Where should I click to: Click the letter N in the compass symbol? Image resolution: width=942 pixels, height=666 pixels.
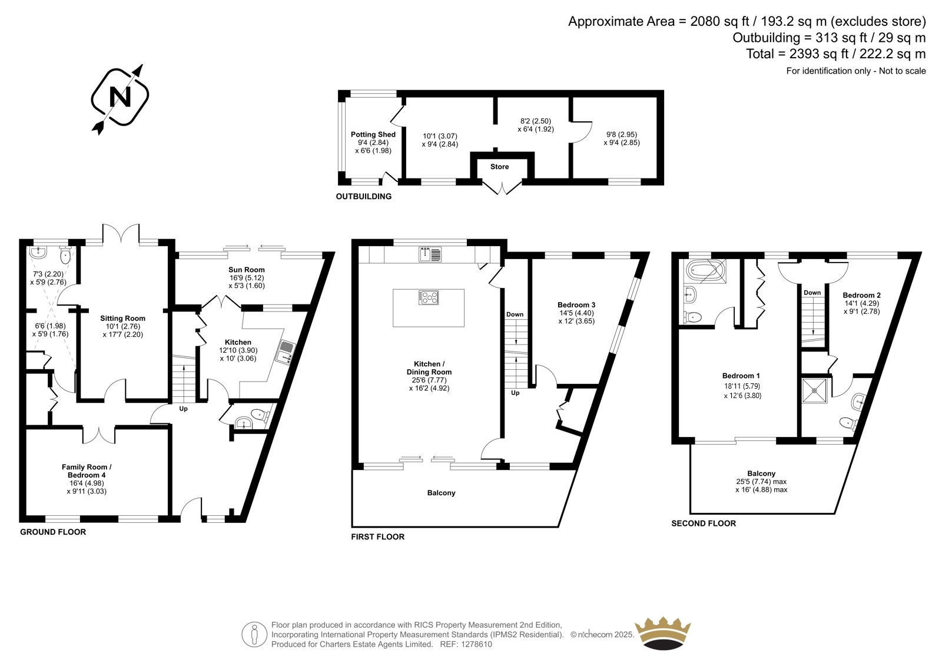click(120, 97)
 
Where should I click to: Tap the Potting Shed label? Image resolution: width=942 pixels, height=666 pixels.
click(373, 135)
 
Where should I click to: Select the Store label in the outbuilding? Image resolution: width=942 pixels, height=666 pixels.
click(500, 167)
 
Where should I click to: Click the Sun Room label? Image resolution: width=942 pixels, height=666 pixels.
click(247, 270)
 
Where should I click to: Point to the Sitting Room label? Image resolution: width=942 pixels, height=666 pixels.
click(122, 319)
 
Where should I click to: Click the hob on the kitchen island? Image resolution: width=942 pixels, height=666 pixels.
click(429, 297)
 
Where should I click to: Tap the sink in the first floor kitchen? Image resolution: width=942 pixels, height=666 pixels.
click(430, 254)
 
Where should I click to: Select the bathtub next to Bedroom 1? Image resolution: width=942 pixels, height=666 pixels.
click(705, 270)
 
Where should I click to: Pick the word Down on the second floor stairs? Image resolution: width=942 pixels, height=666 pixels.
click(812, 293)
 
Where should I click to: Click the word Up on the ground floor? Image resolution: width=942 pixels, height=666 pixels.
click(183, 409)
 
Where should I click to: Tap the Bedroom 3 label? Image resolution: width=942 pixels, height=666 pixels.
click(576, 304)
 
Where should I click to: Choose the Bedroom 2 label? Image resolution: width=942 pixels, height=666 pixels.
click(862, 296)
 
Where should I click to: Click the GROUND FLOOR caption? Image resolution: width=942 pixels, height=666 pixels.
click(53, 532)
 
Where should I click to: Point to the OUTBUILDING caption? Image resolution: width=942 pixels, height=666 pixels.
click(363, 197)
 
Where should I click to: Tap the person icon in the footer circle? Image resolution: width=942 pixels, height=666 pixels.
click(254, 635)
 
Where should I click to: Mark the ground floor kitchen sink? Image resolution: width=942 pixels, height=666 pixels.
click(286, 352)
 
